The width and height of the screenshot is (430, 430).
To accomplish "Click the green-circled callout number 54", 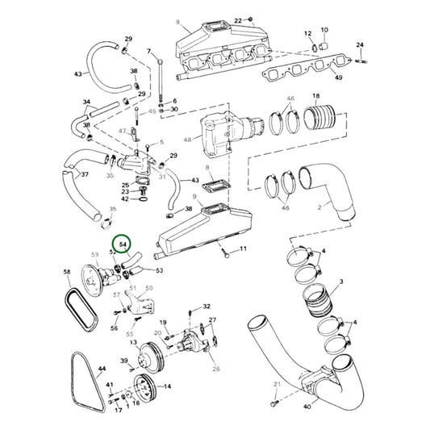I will click(x=123, y=243).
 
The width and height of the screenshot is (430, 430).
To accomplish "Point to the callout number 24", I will click(x=360, y=44).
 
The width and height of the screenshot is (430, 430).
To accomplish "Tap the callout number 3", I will click(x=341, y=281).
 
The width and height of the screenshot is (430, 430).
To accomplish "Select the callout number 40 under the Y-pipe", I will click(x=307, y=407).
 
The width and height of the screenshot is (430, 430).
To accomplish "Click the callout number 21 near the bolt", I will click(x=276, y=383).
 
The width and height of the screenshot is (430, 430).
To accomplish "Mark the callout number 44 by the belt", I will click(x=102, y=369).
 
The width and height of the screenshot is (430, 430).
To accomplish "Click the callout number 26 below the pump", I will click(x=215, y=369).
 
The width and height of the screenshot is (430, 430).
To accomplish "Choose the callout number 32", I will click(x=207, y=307).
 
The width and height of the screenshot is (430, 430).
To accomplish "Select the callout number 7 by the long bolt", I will click(x=149, y=52).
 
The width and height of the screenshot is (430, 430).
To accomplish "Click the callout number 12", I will click(x=307, y=33).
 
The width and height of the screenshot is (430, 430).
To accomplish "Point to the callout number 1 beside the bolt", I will click(x=244, y=251).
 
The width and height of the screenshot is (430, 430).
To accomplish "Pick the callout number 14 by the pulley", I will click(x=167, y=386).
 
